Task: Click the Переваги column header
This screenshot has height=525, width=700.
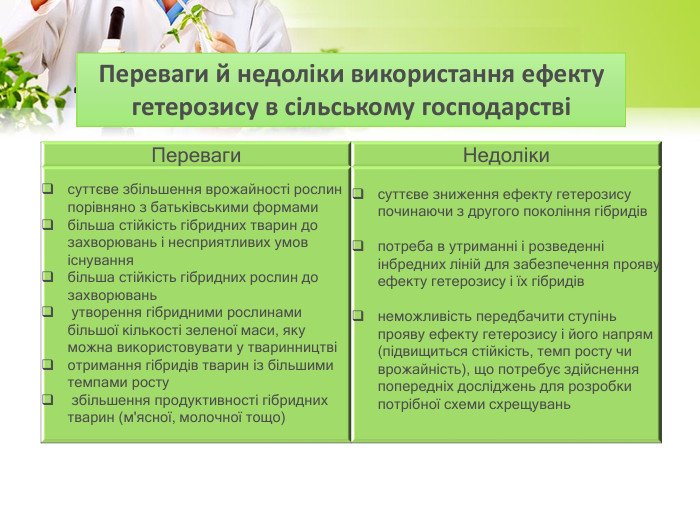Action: tap(196, 155)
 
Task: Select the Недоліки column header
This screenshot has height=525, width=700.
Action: tap(506, 155)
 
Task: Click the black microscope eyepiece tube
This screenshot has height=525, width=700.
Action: tap(117, 19)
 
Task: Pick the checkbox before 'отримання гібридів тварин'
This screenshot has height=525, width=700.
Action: tap(48, 365)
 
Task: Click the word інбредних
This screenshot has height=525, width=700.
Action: tap(413, 264)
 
